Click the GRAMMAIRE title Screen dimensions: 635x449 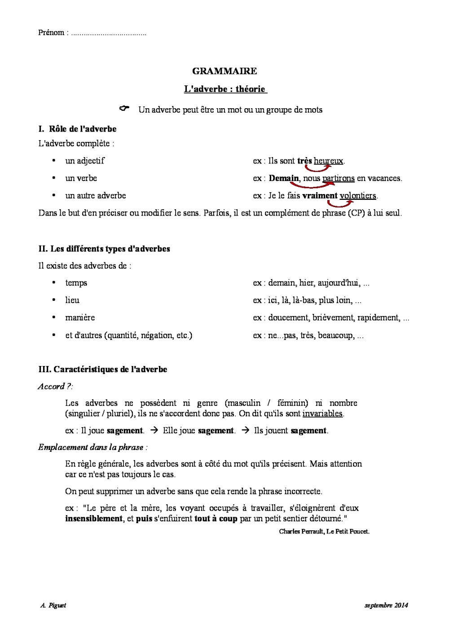(x=224, y=71)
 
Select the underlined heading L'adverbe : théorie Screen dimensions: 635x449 (x=225, y=89)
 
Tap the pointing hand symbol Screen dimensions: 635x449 (x=124, y=108)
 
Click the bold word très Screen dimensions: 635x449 (x=304, y=161)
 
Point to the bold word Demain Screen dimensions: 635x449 (x=284, y=178)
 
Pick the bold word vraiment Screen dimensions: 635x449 (x=320, y=196)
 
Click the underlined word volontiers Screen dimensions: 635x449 (x=358, y=196)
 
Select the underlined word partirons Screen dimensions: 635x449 (x=339, y=178)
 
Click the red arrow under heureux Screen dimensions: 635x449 (x=318, y=168)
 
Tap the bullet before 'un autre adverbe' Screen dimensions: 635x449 (x=54, y=195)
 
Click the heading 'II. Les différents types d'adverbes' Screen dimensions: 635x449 (x=104, y=249)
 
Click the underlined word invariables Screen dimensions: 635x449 (x=322, y=414)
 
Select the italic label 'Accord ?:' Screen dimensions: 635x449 (x=55, y=386)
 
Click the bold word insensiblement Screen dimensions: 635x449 (x=94, y=519)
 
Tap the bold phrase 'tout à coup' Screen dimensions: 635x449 (x=216, y=519)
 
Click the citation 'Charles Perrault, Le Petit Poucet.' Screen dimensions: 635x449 (x=324, y=531)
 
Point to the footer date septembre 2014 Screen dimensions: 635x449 (x=386, y=605)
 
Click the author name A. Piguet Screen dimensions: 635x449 (x=53, y=605)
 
